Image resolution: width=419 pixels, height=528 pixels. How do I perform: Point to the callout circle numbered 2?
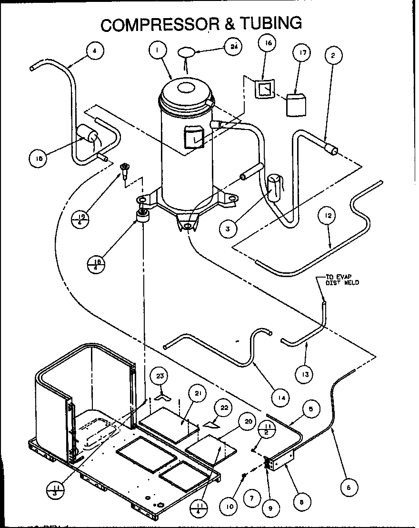(333, 56)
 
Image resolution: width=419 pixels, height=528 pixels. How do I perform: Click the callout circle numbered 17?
(301, 53)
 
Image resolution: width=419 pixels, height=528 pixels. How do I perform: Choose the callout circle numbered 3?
(228, 229)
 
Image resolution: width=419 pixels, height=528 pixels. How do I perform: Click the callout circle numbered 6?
(349, 487)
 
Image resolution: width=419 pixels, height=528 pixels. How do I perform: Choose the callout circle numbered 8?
(302, 501)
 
